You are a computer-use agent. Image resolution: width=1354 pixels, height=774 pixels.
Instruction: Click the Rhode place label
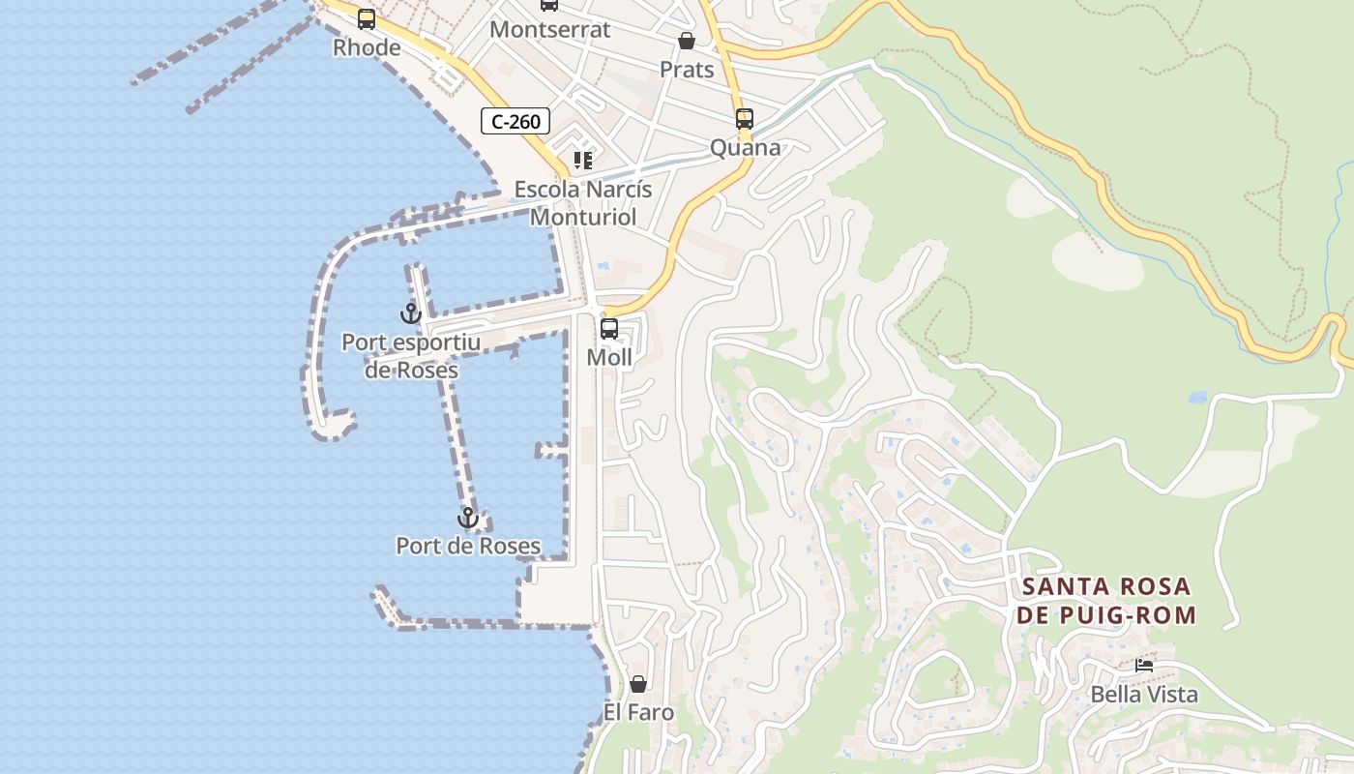(x=367, y=47)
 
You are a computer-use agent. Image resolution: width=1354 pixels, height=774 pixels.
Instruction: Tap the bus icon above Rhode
(x=367, y=18)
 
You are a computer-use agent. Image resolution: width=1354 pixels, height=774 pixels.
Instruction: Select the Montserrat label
(x=549, y=29)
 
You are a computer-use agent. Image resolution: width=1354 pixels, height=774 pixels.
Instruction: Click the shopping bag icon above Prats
(x=687, y=41)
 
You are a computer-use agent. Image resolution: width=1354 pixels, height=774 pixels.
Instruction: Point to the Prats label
(x=687, y=70)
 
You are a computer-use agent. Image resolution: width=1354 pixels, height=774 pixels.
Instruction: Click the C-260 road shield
(x=515, y=121)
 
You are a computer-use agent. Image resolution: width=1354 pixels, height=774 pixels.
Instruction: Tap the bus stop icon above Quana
(x=745, y=119)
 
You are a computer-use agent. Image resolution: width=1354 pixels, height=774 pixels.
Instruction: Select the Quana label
(x=745, y=148)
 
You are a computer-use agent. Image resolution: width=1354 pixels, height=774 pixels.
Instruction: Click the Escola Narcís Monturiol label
(x=583, y=203)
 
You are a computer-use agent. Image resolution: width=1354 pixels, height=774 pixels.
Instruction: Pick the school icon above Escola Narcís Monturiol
(x=582, y=161)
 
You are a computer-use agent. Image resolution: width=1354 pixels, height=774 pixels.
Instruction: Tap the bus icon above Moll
(x=609, y=329)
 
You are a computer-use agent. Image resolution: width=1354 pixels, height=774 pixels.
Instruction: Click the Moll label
(x=609, y=358)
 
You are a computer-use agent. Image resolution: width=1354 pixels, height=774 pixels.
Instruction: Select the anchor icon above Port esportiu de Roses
(x=411, y=313)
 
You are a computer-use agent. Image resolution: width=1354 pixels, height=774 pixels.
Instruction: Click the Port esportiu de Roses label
(x=411, y=356)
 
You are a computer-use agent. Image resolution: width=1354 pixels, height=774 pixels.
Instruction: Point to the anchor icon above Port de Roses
(x=468, y=518)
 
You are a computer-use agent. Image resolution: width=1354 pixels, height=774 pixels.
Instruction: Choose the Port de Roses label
(x=468, y=547)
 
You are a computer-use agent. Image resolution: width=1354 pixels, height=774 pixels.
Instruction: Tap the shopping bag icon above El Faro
(x=638, y=684)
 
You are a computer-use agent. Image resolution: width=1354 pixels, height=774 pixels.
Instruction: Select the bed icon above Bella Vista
(x=1144, y=666)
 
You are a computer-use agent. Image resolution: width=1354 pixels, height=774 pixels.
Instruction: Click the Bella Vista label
(x=1144, y=695)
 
